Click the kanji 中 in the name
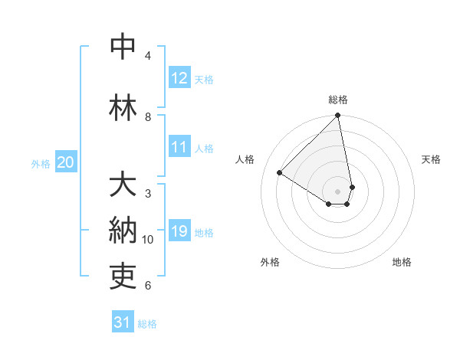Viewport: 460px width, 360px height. pos(123,47)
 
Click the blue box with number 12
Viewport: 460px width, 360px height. pos(179,77)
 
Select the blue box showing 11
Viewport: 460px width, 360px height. pos(179,147)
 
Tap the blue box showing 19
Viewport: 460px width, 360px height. pos(179,231)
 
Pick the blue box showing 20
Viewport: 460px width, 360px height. pos(66,162)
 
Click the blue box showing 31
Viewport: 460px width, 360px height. pos(123,322)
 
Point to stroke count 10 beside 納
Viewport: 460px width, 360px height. pos(148,240)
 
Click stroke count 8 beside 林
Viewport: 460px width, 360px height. pos(148,116)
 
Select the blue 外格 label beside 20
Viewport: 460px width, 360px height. pos(41,163)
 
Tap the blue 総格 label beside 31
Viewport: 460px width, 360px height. pos(148,324)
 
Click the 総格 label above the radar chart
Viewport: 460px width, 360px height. pos(338,100)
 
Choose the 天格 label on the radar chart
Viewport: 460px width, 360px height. pos(432,159)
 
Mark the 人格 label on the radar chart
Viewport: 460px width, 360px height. pos(245,159)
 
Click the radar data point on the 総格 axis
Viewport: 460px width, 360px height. pos(338,116)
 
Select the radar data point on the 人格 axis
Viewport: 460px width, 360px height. pos(280,173)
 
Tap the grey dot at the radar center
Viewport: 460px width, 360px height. pos(338,191)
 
